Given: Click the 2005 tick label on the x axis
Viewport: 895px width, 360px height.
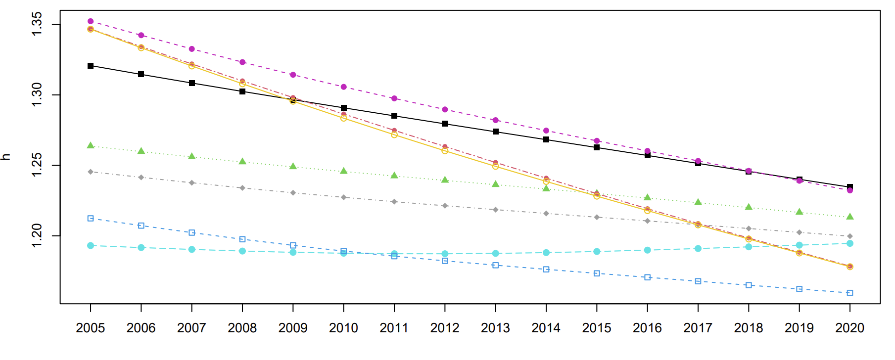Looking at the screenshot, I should tap(90, 328).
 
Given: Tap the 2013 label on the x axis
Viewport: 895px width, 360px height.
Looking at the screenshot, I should tap(495, 328).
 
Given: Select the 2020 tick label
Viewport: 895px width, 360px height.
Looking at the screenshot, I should tap(849, 328).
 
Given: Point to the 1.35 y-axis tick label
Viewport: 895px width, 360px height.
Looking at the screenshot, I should tap(37, 24).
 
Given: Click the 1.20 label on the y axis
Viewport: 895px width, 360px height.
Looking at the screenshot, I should tap(37, 236).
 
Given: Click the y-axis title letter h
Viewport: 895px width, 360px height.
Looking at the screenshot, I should tap(6, 157).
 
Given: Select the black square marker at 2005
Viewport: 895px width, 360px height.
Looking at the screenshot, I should tap(91, 66).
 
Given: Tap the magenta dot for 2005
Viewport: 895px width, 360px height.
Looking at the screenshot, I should tap(91, 21).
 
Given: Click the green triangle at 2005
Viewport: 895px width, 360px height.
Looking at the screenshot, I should tap(91, 145).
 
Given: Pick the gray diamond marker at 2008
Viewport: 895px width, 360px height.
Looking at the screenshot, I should tap(242, 188).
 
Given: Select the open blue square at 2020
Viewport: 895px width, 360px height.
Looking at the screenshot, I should tap(850, 293).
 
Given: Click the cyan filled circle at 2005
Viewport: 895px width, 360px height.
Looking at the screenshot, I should tap(91, 246).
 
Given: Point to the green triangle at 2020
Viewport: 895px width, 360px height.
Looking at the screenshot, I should tap(850, 217).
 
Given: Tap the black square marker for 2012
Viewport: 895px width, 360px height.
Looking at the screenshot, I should tap(445, 124).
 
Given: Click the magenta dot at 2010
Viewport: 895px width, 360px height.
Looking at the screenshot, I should tap(344, 87).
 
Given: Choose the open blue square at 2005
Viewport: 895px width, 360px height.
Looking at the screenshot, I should tap(91, 218).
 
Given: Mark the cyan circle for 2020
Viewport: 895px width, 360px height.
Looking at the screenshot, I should tap(850, 243).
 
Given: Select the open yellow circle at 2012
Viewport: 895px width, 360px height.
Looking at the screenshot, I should tap(445, 151).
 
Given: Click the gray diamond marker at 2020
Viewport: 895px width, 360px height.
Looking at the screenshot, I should tap(850, 236).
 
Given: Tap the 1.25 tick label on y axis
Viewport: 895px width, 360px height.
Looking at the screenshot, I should tap(37, 166).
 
